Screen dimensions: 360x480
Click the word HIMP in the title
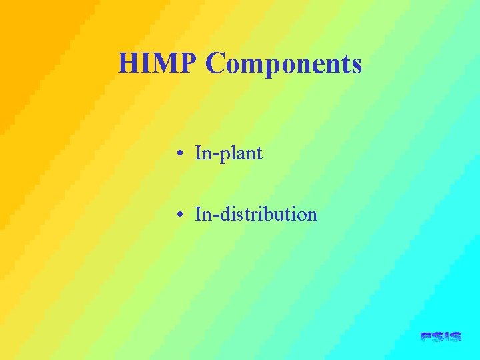158,64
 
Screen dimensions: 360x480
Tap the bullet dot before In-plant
181,155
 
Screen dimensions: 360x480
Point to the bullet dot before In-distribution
181,215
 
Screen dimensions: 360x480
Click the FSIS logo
441,337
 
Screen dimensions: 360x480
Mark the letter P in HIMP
188,64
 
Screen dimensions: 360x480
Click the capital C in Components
216,64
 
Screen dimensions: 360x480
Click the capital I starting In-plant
198,154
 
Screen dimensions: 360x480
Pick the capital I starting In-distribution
198,215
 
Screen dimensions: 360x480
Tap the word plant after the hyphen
239,155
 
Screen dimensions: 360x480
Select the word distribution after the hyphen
267,215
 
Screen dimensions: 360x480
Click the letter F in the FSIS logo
426,337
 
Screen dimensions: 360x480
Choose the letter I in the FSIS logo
447,337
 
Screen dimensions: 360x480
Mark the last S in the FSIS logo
455,337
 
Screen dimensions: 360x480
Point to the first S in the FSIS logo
437,337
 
